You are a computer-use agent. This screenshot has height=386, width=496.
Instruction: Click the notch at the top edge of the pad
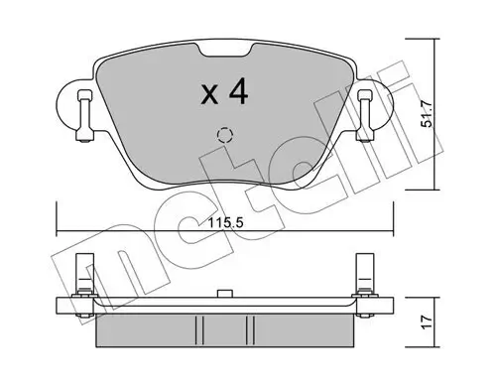click(x=224, y=51)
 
